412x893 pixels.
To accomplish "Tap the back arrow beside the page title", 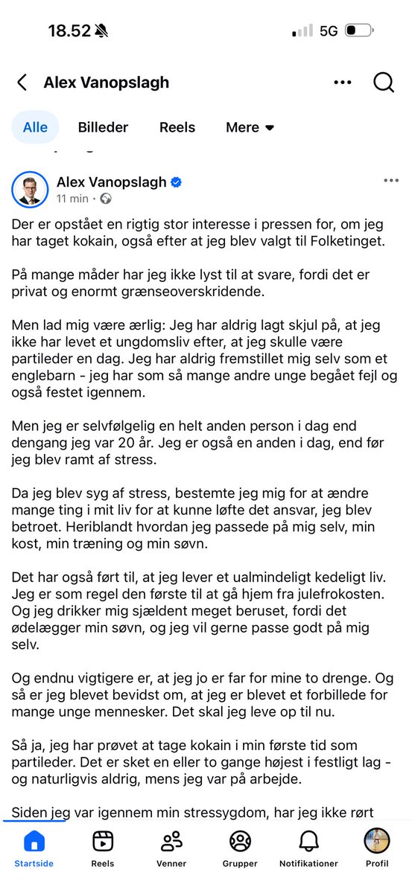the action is pyautogui.click(x=22, y=83).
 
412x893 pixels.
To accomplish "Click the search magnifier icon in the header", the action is pyautogui.click(x=384, y=83).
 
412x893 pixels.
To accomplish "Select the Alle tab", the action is pyautogui.click(x=35, y=127).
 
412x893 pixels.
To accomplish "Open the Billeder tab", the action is pyautogui.click(x=103, y=127).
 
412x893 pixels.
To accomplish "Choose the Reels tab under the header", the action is pyautogui.click(x=177, y=127).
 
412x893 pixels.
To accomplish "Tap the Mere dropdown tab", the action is pyautogui.click(x=250, y=127).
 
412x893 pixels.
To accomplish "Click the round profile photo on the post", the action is pyautogui.click(x=30, y=191).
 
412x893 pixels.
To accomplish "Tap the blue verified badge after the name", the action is pyautogui.click(x=177, y=182).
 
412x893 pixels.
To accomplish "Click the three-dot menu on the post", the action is pyautogui.click(x=390, y=180).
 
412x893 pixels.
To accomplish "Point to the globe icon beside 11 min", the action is pyautogui.click(x=106, y=199).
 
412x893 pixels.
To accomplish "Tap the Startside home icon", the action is pyautogui.click(x=34, y=842).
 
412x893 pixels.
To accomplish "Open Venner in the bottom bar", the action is pyautogui.click(x=172, y=842).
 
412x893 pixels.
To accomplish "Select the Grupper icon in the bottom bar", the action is pyautogui.click(x=240, y=842).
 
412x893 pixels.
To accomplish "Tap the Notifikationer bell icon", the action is pyautogui.click(x=308, y=842).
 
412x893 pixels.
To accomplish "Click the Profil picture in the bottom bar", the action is pyautogui.click(x=376, y=842).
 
